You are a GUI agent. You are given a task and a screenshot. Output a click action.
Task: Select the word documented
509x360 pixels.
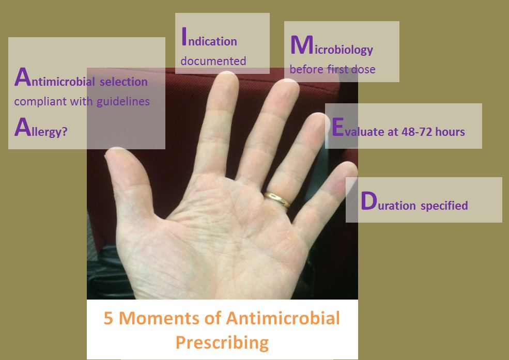(x=213, y=61)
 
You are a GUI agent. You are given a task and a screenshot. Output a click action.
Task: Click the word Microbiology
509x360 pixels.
(x=331, y=48)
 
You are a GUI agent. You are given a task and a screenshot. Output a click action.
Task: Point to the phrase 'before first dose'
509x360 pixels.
(x=332, y=69)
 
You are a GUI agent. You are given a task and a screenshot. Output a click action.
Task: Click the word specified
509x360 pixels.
(x=444, y=206)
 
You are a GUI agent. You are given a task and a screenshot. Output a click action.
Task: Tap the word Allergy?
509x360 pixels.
(x=41, y=129)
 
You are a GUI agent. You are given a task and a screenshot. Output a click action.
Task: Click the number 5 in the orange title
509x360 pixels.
(x=109, y=318)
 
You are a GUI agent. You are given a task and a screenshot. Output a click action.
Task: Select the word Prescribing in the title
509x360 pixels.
(x=222, y=342)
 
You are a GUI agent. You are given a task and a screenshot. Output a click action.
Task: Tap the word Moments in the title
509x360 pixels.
(x=155, y=318)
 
